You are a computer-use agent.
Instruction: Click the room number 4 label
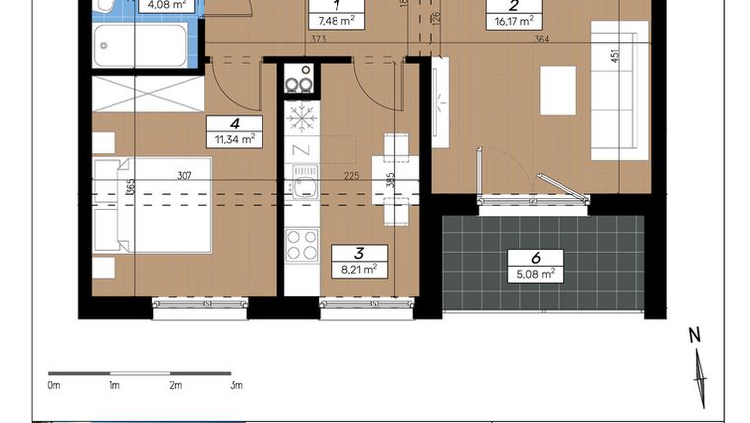tap(234, 124)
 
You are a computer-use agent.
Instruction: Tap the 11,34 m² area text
tap(234, 140)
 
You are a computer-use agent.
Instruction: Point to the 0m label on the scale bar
tap(54, 385)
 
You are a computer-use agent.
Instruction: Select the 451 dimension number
tap(615, 56)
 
